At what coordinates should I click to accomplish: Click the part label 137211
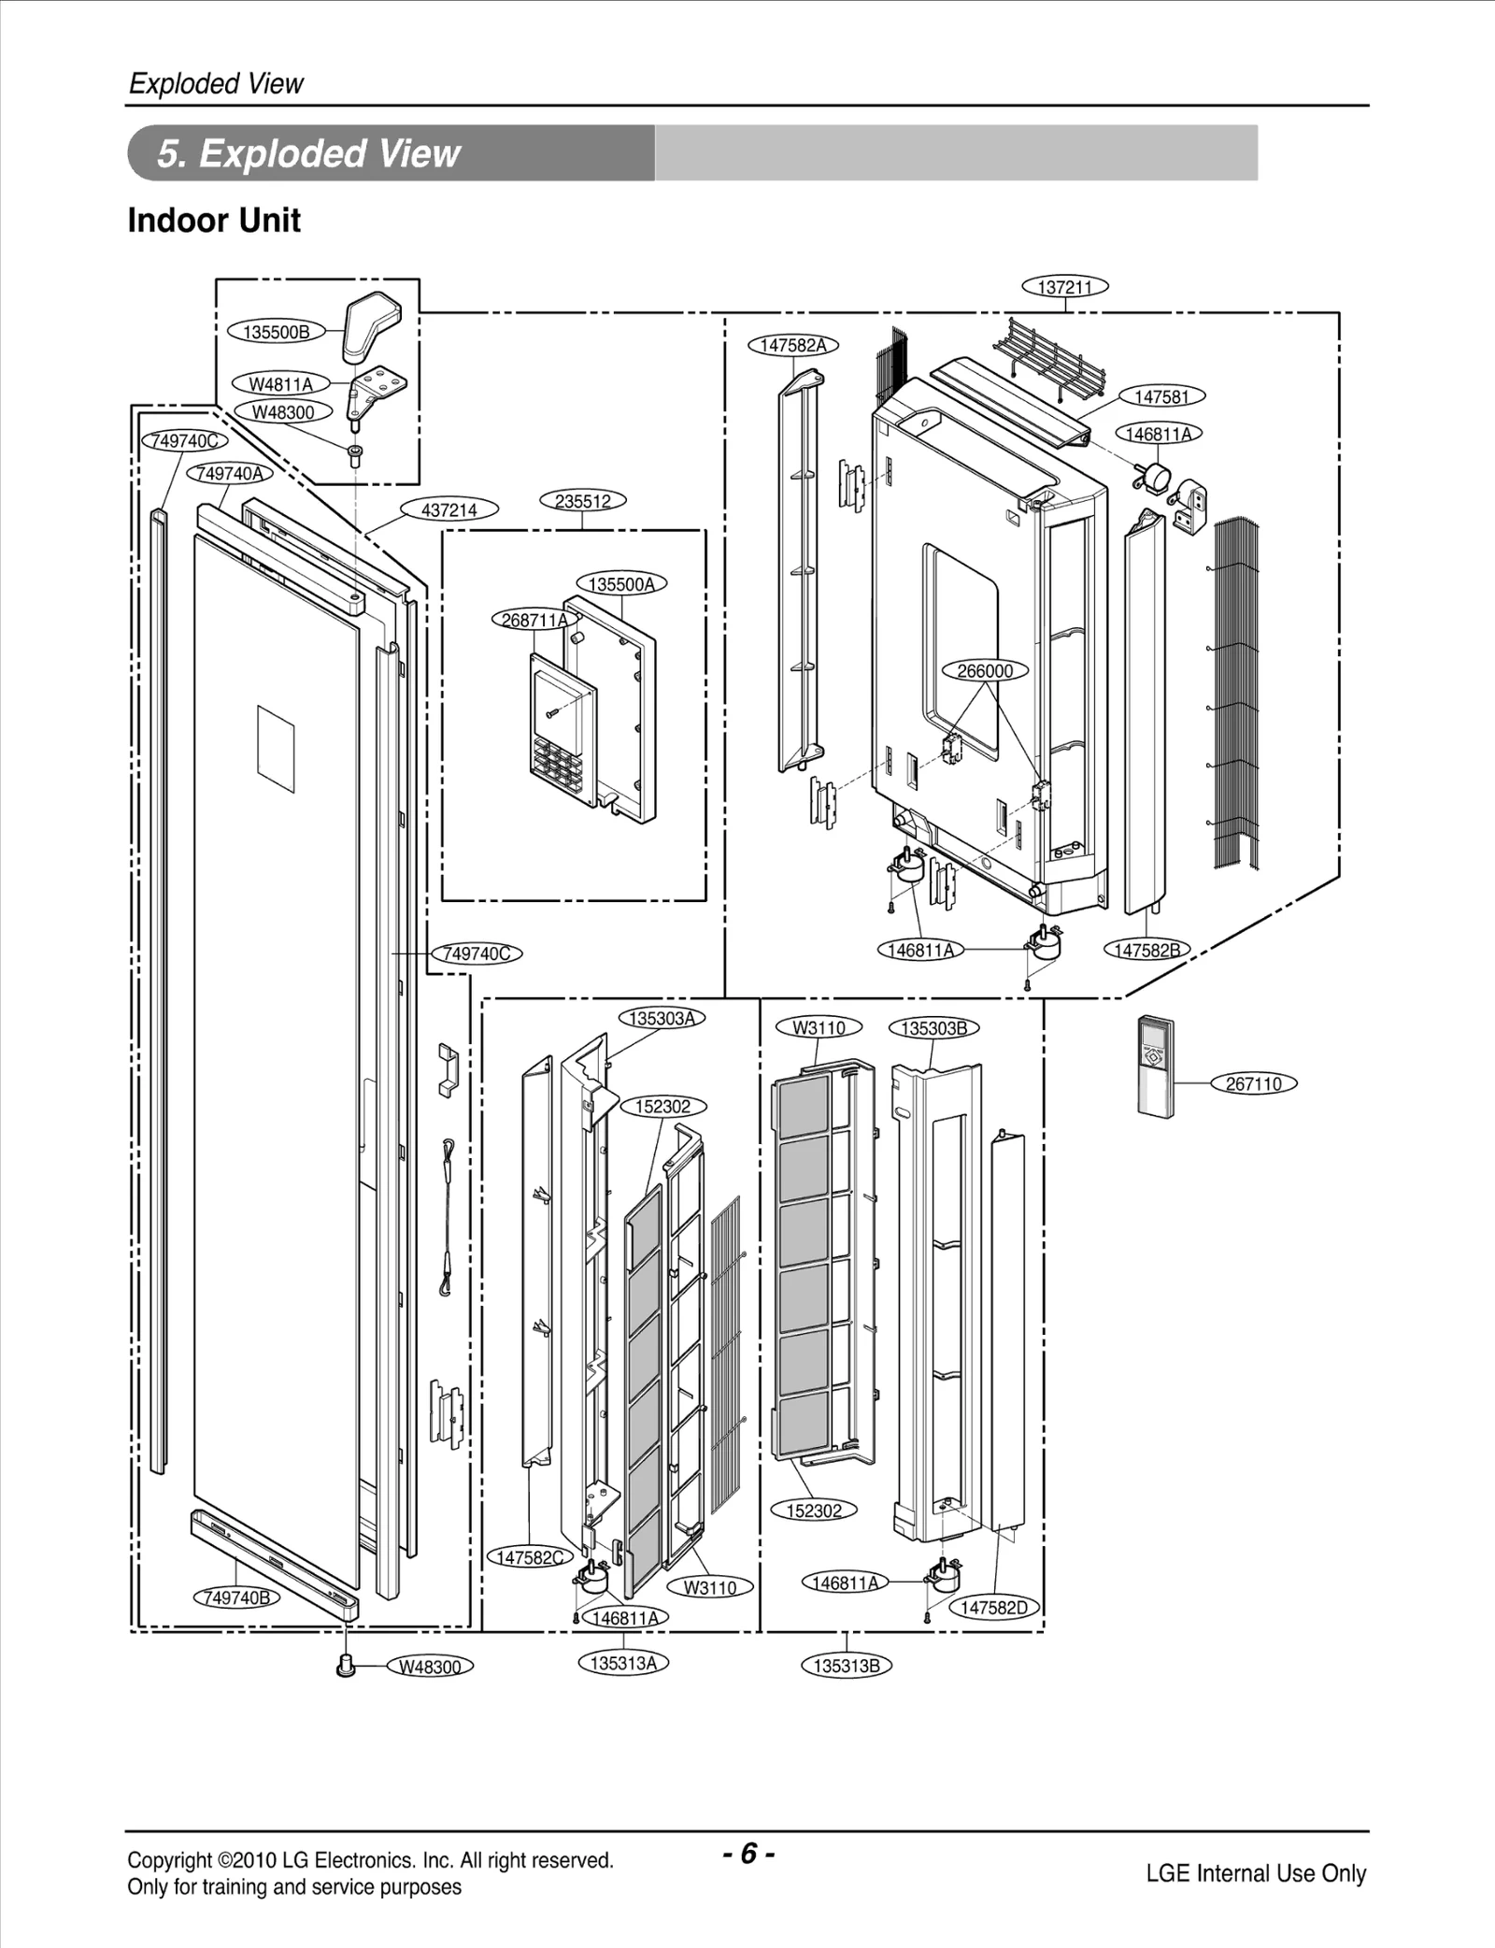tap(1065, 287)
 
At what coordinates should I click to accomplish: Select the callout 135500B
tap(276, 332)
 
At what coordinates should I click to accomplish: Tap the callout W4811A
tap(280, 384)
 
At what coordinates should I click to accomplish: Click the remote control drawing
tap(1155, 1067)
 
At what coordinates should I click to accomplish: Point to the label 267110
tap(1253, 1084)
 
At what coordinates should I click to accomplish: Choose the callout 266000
tap(985, 671)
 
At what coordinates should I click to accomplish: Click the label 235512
tap(582, 501)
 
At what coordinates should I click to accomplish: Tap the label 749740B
tap(236, 1597)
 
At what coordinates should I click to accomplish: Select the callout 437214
tap(448, 509)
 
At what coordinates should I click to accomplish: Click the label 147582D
tap(993, 1608)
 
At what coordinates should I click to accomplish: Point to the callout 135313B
tap(846, 1666)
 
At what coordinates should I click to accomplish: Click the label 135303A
tap(662, 1018)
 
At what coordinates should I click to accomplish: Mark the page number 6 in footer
tap(747, 1854)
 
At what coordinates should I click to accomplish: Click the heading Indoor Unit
tap(214, 221)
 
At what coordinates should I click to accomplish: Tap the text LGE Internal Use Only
tap(1255, 1873)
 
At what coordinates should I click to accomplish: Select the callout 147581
tap(1161, 397)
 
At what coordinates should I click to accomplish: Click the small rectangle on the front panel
tap(276, 745)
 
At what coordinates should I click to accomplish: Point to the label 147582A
tap(792, 345)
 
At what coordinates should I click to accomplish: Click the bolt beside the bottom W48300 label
tap(347, 1665)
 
